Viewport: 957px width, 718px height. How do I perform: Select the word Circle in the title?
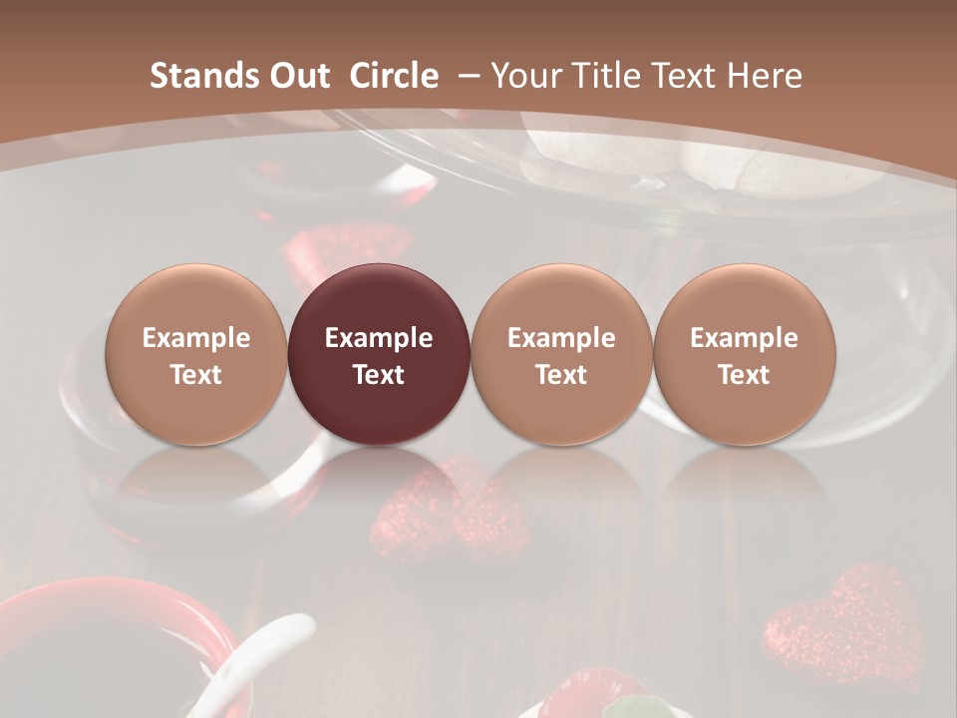click(394, 76)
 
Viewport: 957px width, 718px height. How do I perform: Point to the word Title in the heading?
click(609, 76)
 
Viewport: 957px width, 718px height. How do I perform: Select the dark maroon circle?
click(379, 354)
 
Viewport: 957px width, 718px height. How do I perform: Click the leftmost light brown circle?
click(196, 354)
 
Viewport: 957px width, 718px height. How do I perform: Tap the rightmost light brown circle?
click(744, 354)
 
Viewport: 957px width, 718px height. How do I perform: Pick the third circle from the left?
click(561, 354)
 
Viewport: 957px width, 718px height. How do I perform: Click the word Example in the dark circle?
click(379, 338)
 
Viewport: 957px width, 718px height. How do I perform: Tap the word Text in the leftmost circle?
click(196, 375)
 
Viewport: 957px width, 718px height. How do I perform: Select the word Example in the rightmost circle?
click(744, 338)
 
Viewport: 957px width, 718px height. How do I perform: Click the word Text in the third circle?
click(561, 375)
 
